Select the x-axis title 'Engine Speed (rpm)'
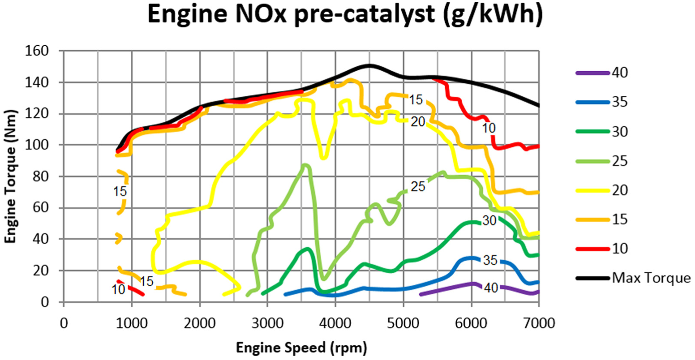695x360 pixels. click(302, 347)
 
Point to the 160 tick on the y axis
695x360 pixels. click(37, 51)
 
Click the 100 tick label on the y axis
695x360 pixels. click(37, 145)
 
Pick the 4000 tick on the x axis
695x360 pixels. click(335, 323)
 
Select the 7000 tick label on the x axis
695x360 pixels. click(539, 323)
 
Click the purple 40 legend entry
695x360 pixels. click(602, 73)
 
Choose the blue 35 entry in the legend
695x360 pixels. click(602, 102)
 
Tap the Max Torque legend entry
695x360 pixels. click(633, 278)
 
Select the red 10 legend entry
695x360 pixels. click(602, 249)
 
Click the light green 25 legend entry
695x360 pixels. click(602, 161)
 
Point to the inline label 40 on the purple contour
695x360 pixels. click(491, 288)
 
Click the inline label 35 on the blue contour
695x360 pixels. click(490, 260)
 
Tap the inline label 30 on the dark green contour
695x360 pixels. click(490, 220)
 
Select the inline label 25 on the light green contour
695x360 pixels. click(418, 186)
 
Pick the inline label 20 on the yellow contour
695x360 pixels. click(418, 122)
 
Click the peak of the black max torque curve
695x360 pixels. click(369, 66)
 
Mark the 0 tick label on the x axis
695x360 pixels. click(64, 323)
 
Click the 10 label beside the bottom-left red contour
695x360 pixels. click(118, 290)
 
